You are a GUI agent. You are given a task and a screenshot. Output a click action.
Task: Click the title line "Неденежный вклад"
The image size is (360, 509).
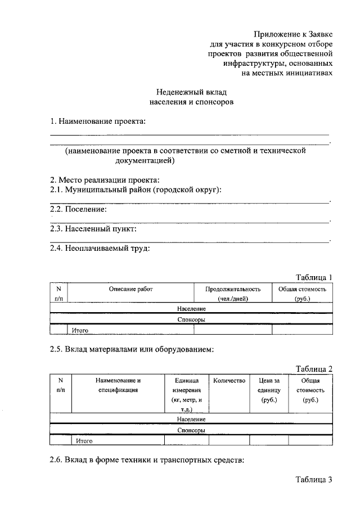point(191,92)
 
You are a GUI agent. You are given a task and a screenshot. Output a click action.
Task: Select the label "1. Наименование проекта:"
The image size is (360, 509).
point(98,121)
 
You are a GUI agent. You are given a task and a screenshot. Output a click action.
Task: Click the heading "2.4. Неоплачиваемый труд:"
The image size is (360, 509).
point(100,249)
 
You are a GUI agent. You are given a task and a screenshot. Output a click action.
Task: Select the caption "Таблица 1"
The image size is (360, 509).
point(314,277)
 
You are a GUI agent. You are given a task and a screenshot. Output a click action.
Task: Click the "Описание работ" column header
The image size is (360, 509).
point(131,289)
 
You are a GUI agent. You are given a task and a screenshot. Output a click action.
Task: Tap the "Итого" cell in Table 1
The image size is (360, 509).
point(79,330)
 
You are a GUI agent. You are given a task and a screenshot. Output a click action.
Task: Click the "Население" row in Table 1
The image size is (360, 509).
point(191,309)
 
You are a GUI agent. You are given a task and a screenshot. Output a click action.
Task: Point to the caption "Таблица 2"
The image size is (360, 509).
point(314,369)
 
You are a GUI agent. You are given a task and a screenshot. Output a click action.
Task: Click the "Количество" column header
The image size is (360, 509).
point(229,381)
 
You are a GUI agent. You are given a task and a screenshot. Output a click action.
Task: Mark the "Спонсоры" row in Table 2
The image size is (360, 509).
point(191,430)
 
